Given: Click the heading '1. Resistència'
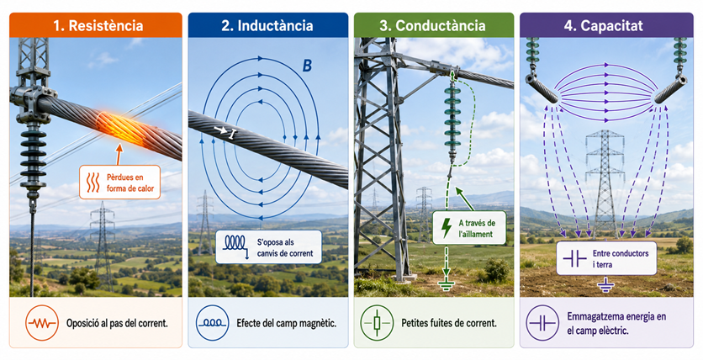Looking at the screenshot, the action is tap(98, 25).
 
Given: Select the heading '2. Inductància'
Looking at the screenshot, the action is tap(267, 25).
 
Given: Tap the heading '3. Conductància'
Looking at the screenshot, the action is tap(432, 25).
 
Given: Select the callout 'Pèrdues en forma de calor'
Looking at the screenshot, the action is tap(119, 183).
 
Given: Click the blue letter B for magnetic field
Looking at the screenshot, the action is tap(307, 66).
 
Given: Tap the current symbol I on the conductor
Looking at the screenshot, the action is tap(231, 134).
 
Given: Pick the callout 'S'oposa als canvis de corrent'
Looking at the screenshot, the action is tap(268, 247).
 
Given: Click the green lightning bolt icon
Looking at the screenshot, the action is tap(447, 228).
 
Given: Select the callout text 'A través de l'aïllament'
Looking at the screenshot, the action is tap(477, 228).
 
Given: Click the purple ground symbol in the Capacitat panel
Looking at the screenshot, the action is tap(605, 283).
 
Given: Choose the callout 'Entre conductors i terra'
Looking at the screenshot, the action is tap(606, 258).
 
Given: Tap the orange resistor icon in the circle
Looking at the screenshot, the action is tap(42, 323).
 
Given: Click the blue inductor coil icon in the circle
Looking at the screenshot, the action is tap(213, 323).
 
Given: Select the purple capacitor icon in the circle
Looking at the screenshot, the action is tap(542, 323).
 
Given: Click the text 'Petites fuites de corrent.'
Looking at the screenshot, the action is tap(449, 323).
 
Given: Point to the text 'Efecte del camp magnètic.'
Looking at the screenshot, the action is tap(286, 323).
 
